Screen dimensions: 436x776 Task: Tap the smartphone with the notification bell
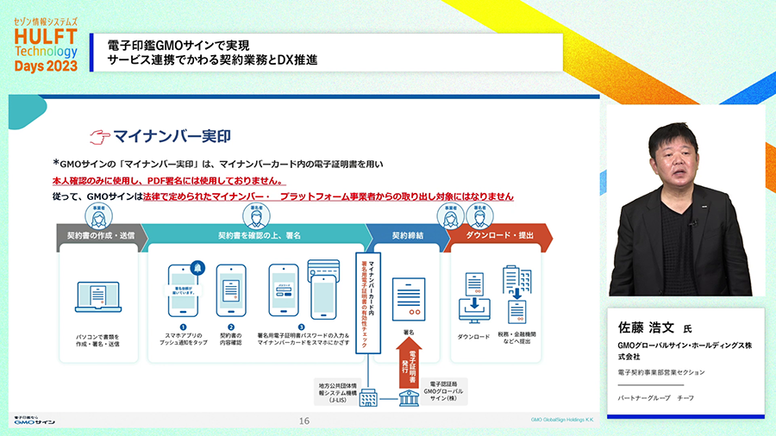(x=188, y=289)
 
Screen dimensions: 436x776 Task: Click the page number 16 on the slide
(x=304, y=421)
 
